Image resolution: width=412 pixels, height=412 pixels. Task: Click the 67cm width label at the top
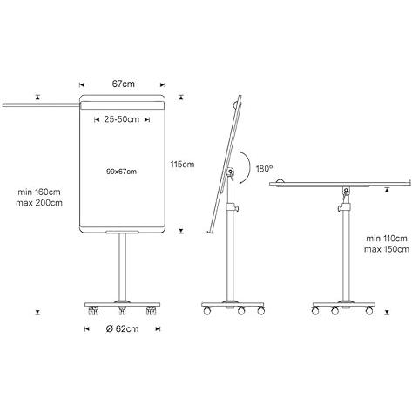tap(124, 84)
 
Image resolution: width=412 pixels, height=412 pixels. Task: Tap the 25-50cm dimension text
tap(122, 119)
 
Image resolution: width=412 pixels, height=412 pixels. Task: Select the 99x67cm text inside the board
tap(121, 172)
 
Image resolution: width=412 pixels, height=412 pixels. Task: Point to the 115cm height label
tap(182, 165)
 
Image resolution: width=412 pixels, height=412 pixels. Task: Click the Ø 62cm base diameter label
tap(122, 329)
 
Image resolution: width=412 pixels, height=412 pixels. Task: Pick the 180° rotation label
tap(264, 169)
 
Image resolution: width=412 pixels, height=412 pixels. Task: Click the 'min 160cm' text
tap(39, 192)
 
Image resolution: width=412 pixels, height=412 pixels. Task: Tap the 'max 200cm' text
tap(39, 203)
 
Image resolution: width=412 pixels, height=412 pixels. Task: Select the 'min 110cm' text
tap(387, 239)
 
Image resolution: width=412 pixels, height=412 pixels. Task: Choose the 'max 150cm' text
tap(387, 249)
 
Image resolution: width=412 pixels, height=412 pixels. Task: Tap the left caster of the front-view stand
tap(93, 311)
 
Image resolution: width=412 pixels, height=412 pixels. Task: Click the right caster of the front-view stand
tap(151, 311)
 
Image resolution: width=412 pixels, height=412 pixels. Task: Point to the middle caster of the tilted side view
tap(241, 311)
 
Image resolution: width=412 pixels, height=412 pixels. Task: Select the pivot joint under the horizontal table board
tap(346, 191)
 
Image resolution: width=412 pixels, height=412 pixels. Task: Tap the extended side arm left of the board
tap(41, 105)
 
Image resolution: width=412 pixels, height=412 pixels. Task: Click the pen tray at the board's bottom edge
tap(122, 232)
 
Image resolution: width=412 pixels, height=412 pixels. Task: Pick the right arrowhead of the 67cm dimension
tap(163, 84)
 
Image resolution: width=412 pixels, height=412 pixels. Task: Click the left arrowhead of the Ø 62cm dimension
tap(86, 329)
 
